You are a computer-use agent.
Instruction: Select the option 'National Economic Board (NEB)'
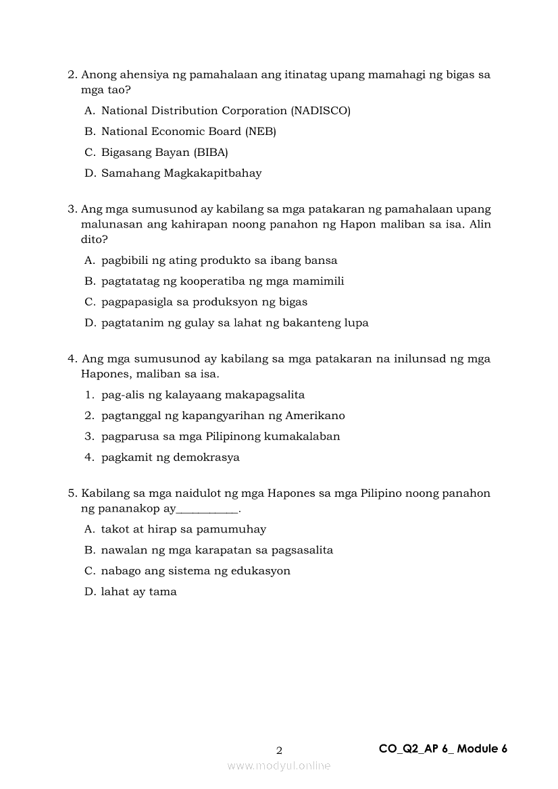[x=188, y=132]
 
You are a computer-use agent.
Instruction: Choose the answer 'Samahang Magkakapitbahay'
[x=181, y=173]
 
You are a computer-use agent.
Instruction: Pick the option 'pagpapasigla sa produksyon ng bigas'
[x=204, y=302]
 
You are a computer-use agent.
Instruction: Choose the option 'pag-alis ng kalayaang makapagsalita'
[x=203, y=395]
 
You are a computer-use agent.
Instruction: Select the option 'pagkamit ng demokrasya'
[x=170, y=458]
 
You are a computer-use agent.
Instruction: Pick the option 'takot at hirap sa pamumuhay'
[x=183, y=530]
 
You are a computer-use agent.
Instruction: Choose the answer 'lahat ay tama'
[x=138, y=592]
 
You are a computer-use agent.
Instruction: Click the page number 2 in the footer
[x=280, y=750]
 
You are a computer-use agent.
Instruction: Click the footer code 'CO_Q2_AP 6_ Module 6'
[x=443, y=749]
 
